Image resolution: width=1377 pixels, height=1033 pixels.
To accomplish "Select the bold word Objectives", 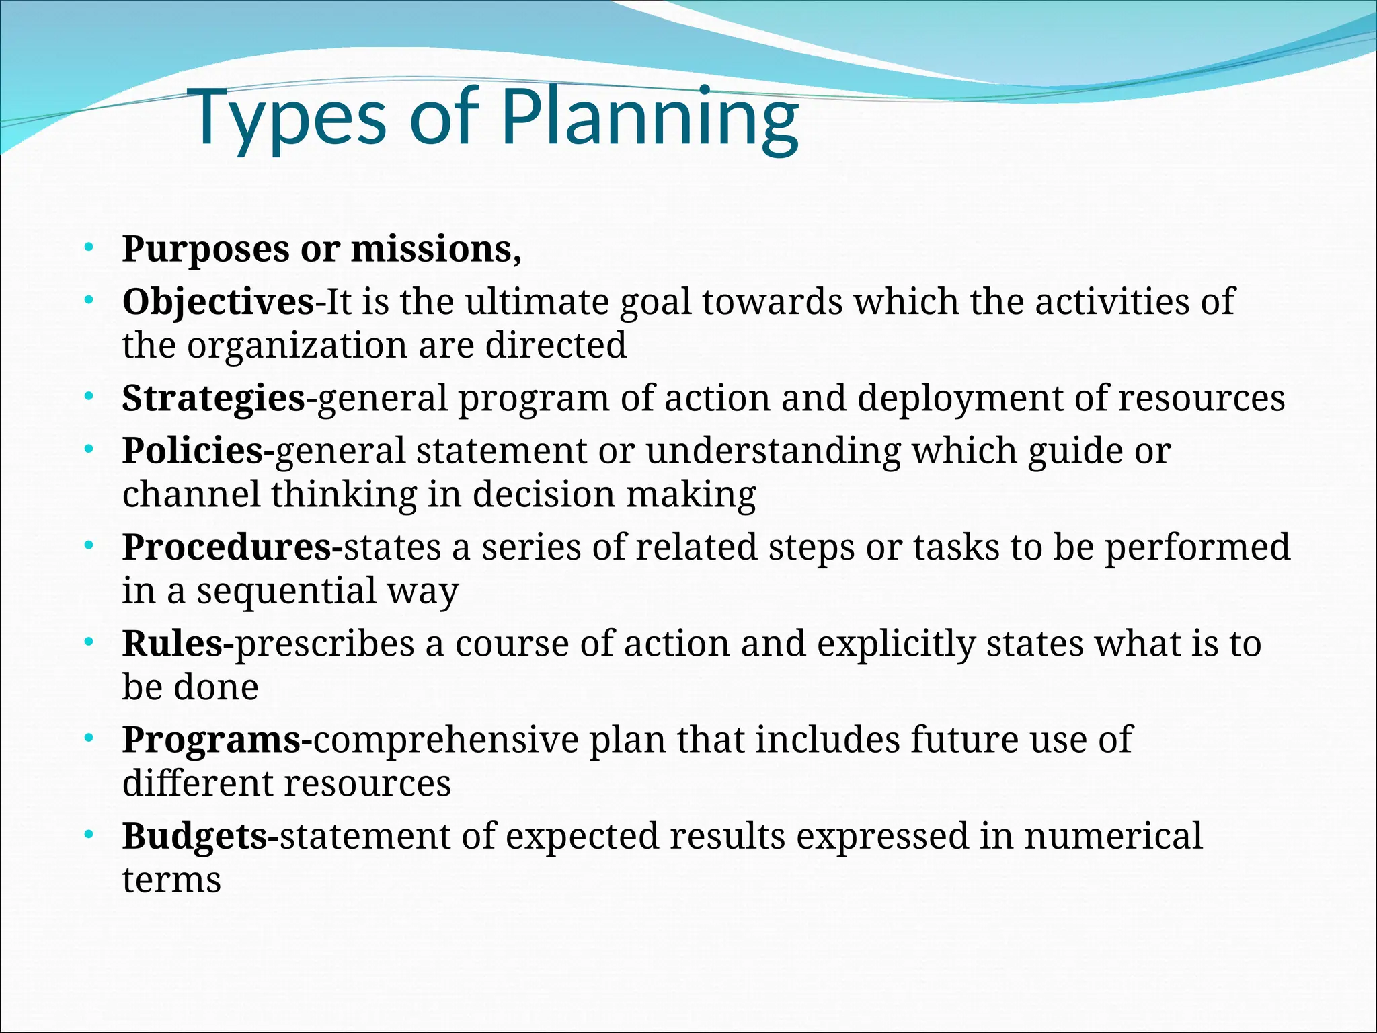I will click(x=218, y=302).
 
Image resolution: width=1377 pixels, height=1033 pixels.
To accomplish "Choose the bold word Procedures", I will click(x=227, y=547).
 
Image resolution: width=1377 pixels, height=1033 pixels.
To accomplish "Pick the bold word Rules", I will click(x=173, y=644).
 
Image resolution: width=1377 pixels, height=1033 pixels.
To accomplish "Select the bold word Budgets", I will click(x=195, y=837).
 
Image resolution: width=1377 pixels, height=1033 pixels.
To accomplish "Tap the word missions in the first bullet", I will click(x=435, y=250).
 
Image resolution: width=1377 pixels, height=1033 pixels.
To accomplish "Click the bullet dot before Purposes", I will click(x=89, y=250).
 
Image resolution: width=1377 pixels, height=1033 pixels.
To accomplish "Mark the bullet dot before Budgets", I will click(x=89, y=836).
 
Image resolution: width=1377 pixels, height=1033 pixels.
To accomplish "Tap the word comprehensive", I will click(x=446, y=740).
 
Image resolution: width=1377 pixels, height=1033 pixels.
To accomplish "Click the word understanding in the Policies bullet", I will click(x=773, y=451).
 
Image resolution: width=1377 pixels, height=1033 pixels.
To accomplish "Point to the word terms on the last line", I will click(x=171, y=880).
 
